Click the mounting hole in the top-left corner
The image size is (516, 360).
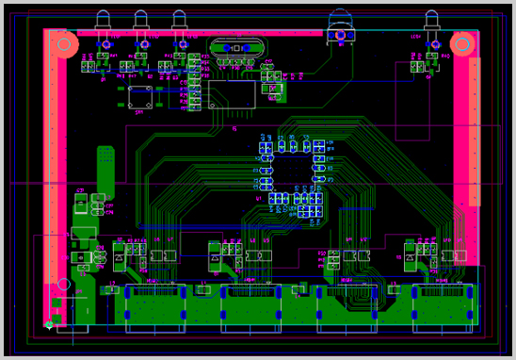coord(63,44)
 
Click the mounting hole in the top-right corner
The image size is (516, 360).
coord(462,44)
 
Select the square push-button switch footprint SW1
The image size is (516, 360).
coord(141,96)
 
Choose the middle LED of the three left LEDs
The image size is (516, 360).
coord(141,19)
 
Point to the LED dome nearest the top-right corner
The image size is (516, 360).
coord(432,19)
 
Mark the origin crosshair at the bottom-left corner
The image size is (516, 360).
coord(49,325)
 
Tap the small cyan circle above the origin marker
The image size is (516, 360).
coord(63,284)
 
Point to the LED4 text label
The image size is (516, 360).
coord(415,35)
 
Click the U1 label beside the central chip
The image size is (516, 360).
coord(258,199)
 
